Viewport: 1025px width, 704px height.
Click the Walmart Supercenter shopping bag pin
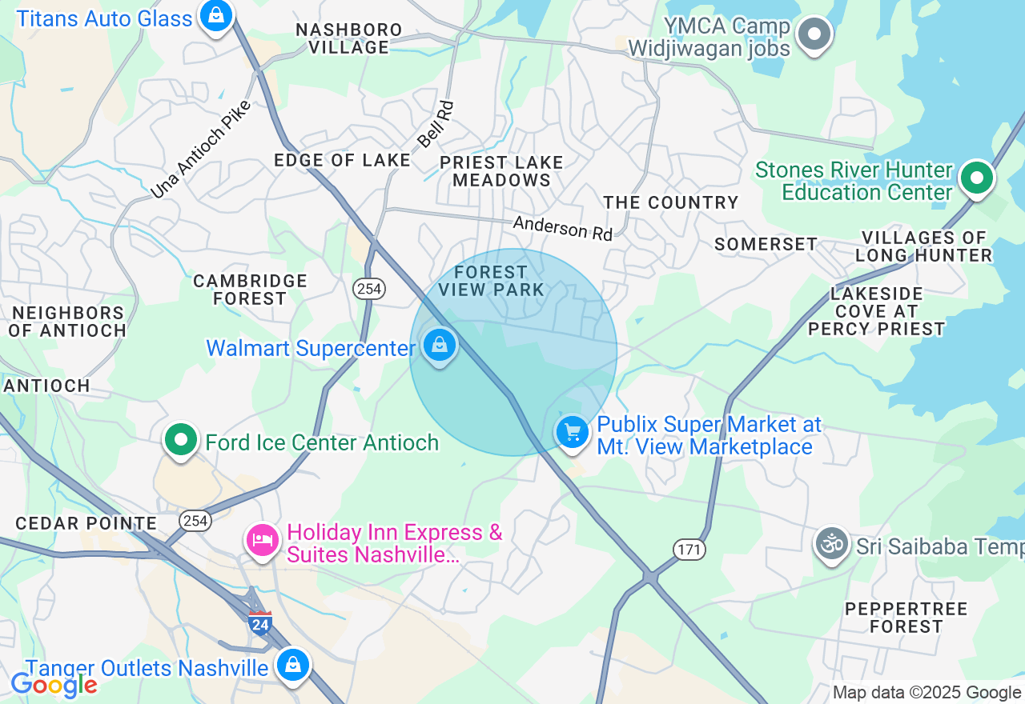coord(439,346)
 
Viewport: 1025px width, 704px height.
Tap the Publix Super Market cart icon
coord(573,433)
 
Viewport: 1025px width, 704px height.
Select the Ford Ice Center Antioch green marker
coord(181,439)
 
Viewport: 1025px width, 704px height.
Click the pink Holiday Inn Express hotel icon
coord(262,540)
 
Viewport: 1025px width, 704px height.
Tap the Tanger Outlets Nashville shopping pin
coord(294,665)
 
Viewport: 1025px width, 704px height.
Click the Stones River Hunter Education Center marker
coord(977,178)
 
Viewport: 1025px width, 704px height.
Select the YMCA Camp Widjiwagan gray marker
coord(815,34)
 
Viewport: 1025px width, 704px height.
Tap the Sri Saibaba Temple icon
coord(832,543)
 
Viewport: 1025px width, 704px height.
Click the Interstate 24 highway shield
coord(259,622)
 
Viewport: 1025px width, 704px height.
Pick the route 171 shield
coord(689,550)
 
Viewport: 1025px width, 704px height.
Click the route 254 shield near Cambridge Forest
coord(369,289)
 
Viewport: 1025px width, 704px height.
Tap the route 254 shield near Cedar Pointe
coord(195,521)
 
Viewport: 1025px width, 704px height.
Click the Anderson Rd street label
coord(562,227)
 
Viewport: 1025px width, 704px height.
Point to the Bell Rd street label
coord(436,124)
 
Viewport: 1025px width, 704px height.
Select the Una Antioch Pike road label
coord(201,150)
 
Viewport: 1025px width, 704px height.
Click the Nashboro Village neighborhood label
coord(349,38)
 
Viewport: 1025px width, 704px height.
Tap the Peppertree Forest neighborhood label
coord(906,618)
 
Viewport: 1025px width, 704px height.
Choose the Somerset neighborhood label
coord(766,244)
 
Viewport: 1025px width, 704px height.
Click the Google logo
coord(54,685)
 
